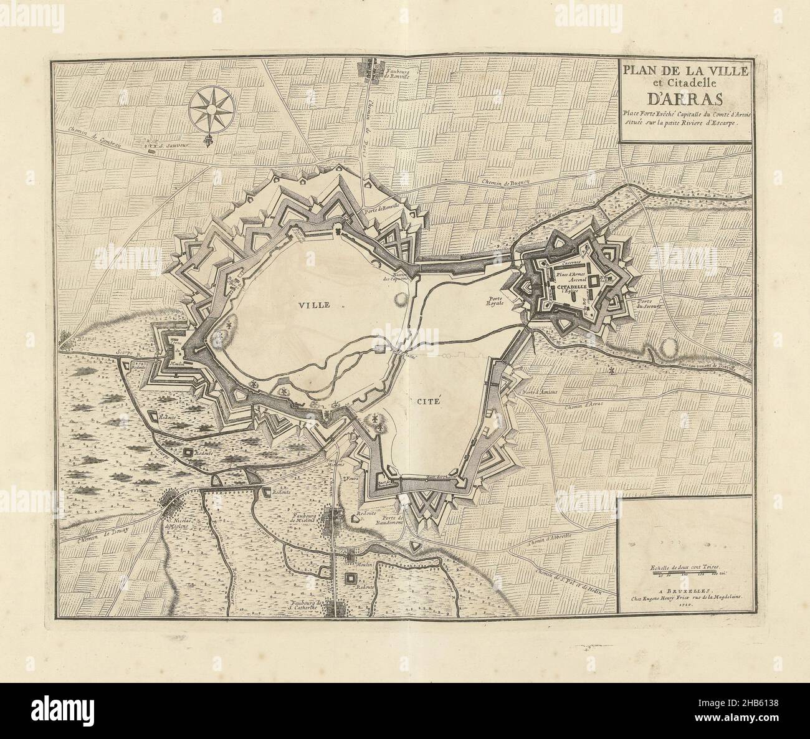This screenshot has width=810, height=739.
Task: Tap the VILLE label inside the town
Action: (x=313, y=305)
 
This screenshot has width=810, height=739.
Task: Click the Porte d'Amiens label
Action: (x=541, y=392)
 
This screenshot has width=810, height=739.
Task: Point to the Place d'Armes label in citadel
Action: (x=568, y=272)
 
